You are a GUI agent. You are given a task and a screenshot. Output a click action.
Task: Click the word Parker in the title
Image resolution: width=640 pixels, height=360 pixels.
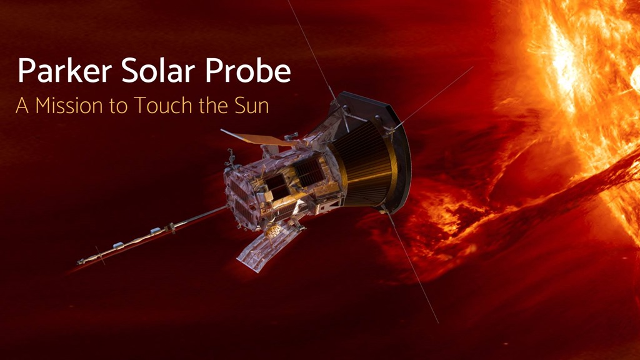tap(65, 70)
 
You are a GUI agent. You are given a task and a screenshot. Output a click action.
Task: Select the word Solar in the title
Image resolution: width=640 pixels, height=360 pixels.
tap(158, 70)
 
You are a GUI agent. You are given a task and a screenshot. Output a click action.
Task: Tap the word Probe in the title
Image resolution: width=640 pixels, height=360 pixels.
tap(247, 70)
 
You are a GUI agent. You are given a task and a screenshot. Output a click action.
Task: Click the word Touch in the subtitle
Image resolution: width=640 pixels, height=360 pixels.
tap(163, 105)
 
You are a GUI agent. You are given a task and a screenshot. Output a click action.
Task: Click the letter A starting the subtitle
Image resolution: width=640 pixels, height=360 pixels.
tap(22, 105)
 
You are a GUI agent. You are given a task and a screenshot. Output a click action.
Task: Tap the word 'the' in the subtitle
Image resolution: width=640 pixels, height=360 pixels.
tap(214, 105)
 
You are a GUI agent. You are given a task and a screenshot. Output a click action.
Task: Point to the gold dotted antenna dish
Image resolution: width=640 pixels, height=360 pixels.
tap(273, 231)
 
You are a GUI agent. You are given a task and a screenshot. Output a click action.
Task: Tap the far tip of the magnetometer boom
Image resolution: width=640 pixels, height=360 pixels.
tap(78, 262)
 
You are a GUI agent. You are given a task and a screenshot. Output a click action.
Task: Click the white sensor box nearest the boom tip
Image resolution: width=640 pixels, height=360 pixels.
tap(117, 245)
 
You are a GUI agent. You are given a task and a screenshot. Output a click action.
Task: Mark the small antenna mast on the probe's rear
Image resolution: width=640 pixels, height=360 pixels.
tap(231, 159)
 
